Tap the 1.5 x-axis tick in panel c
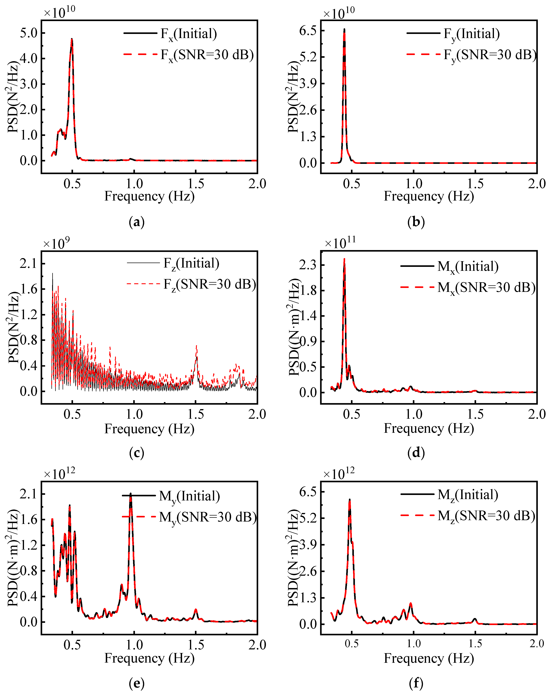[195, 414]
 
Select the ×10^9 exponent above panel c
[56, 244]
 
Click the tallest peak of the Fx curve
[72, 39]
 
